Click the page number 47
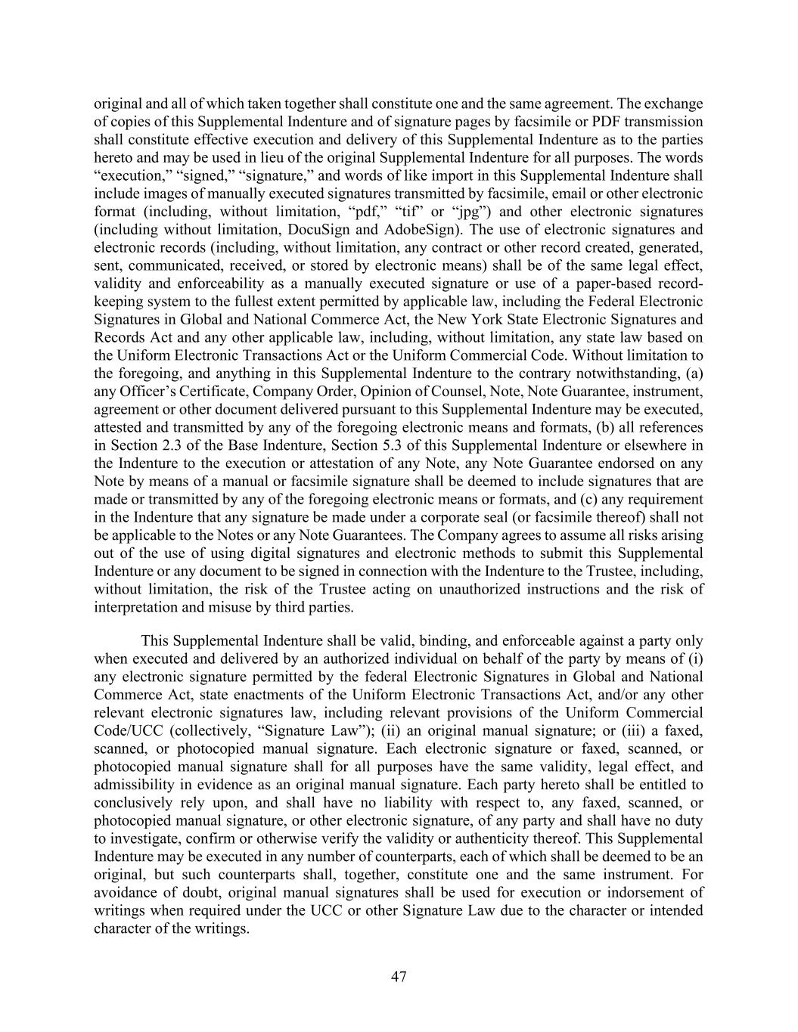click(x=399, y=977)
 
